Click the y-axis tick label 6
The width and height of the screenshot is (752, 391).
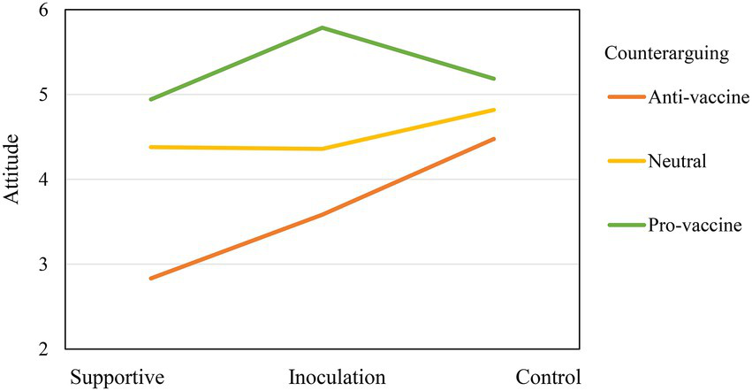[x=43, y=10]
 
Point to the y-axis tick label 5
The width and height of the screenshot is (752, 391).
[x=43, y=95]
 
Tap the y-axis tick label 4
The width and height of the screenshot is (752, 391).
[x=43, y=180]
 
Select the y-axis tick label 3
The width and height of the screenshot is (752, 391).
[x=43, y=264]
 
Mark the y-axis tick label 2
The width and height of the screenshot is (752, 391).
[x=43, y=349]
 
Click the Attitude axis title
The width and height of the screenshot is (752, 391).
[x=11, y=169]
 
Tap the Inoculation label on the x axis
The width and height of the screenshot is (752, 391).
[x=337, y=376]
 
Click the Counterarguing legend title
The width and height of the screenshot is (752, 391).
[x=665, y=53]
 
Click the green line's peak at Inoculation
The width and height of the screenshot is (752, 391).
[x=323, y=27]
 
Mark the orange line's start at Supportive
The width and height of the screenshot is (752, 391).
[x=151, y=279]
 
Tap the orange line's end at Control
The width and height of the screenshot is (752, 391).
[x=494, y=139]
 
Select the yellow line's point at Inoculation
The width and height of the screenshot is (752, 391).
[x=323, y=149]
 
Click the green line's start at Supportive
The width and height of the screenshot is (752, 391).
[x=151, y=99]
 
